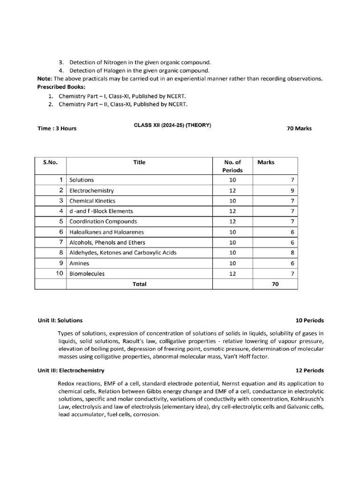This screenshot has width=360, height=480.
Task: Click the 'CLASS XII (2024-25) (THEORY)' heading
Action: (172, 125)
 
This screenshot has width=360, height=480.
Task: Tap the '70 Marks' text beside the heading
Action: (299, 128)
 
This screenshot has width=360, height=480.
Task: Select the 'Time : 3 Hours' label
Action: (57, 128)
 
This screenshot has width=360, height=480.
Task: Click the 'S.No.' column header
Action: (50, 162)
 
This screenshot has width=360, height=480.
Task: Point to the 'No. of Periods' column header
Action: (233, 166)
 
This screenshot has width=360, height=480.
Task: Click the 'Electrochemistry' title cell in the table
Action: (91, 191)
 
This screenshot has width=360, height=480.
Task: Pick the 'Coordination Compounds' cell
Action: (103, 221)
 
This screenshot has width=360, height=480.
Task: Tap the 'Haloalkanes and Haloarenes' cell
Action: (107, 232)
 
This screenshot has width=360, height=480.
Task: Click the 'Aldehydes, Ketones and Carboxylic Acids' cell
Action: (123, 253)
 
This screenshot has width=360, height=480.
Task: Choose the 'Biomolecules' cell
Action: (87, 274)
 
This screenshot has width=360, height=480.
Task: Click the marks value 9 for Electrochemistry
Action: (292, 191)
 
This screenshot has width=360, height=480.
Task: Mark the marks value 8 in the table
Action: (292, 253)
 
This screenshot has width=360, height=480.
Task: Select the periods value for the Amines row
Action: (233, 263)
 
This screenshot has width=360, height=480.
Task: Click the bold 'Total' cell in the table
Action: (139, 284)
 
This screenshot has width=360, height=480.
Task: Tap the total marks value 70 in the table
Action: (275, 284)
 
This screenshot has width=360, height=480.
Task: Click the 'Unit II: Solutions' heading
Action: (60, 321)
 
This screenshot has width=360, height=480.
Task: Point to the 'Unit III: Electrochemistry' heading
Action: (71, 370)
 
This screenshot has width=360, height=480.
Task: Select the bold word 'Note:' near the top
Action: (45, 79)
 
